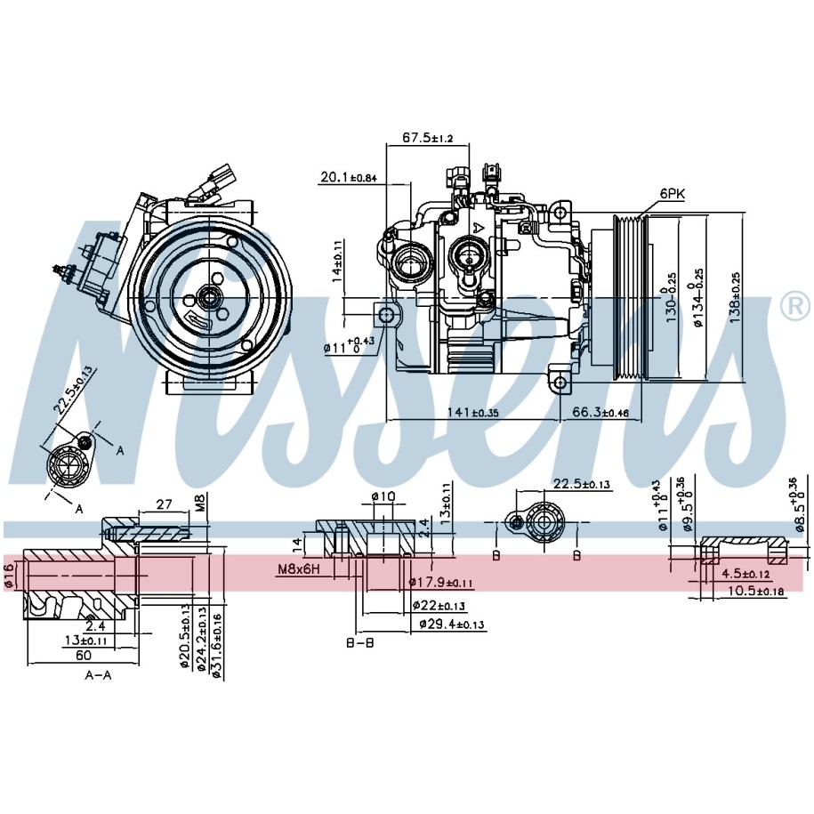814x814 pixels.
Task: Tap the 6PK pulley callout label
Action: [x=672, y=193]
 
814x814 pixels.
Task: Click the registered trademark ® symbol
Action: [x=794, y=306]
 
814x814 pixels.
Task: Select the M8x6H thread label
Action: [x=300, y=568]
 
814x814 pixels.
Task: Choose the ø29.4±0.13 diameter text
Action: [x=452, y=625]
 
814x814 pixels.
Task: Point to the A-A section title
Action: [x=98, y=675]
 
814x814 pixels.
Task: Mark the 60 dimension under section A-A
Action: [x=83, y=655]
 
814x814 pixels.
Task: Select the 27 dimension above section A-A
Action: [x=163, y=504]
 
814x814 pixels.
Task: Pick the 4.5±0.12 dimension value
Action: [x=745, y=574]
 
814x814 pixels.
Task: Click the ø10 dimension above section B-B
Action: [x=383, y=496]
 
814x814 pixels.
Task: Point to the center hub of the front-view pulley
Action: [x=212, y=297]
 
